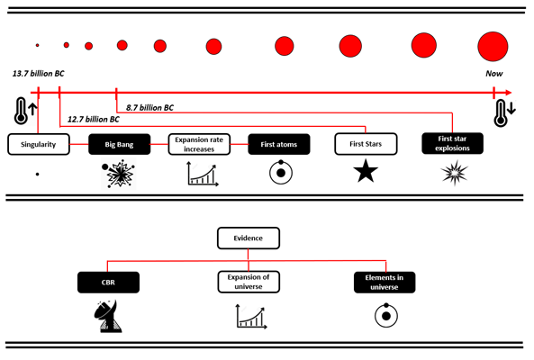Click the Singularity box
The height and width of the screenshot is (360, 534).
(x=39, y=144)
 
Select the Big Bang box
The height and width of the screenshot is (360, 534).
(x=119, y=144)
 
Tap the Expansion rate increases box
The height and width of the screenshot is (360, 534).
(x=199, y=144)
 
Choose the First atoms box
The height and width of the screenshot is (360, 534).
(x=279, y=144)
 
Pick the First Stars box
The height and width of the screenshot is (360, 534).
(x=366, y=144)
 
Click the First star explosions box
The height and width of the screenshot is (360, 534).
(x=452, y=143)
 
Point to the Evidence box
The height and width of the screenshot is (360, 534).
(x=249, y=238)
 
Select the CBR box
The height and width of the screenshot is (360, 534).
(x=108, y=282)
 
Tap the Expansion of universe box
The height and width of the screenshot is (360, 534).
(x=249, y=282)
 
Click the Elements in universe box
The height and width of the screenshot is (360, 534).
(x=385, y=282)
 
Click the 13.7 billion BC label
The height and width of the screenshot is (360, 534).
(x=38, y=74)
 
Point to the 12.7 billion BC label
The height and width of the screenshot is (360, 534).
(x=94, y=120)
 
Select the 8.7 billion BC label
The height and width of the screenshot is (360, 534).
(x=149, y=108)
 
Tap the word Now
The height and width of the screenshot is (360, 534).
(x=493, y=74)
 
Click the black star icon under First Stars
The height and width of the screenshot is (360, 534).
(x=366, y=171)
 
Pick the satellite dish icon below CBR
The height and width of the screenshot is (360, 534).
(x=108, y=316)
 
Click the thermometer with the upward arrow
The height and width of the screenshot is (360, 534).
(x=25, y=111)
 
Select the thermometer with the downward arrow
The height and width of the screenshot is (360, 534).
(x=504, y=113)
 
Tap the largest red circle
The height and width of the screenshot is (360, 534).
(x=493, y=47)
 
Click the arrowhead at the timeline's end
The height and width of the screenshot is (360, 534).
(x=509, y=93)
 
